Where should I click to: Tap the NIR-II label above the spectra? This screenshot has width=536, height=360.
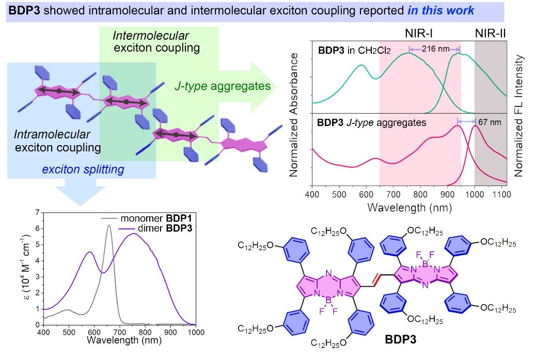(490, 34)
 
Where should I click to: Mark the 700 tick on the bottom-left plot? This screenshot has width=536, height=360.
(120, 332)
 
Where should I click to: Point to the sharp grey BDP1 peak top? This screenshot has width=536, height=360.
(109, 226)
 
